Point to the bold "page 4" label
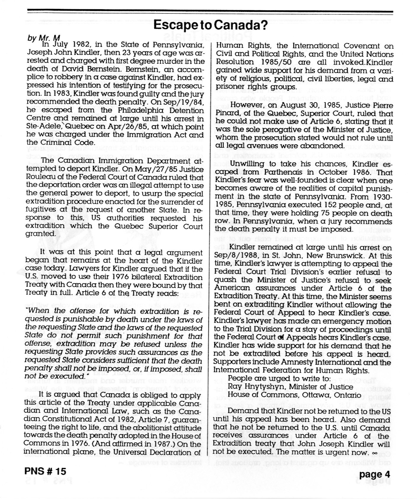375,474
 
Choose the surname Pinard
227,114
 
